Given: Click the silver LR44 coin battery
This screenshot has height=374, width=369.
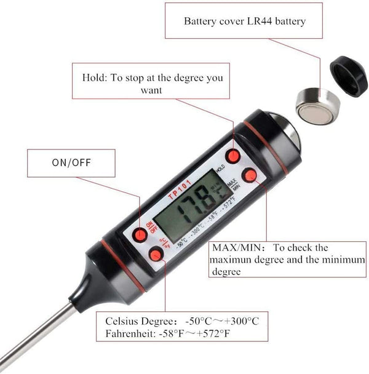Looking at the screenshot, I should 316,105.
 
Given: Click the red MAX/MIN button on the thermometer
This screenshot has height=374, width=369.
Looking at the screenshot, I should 249,175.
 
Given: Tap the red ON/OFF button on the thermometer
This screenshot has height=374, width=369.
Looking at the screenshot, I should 141,234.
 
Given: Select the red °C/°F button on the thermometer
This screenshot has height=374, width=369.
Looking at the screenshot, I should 156,255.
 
